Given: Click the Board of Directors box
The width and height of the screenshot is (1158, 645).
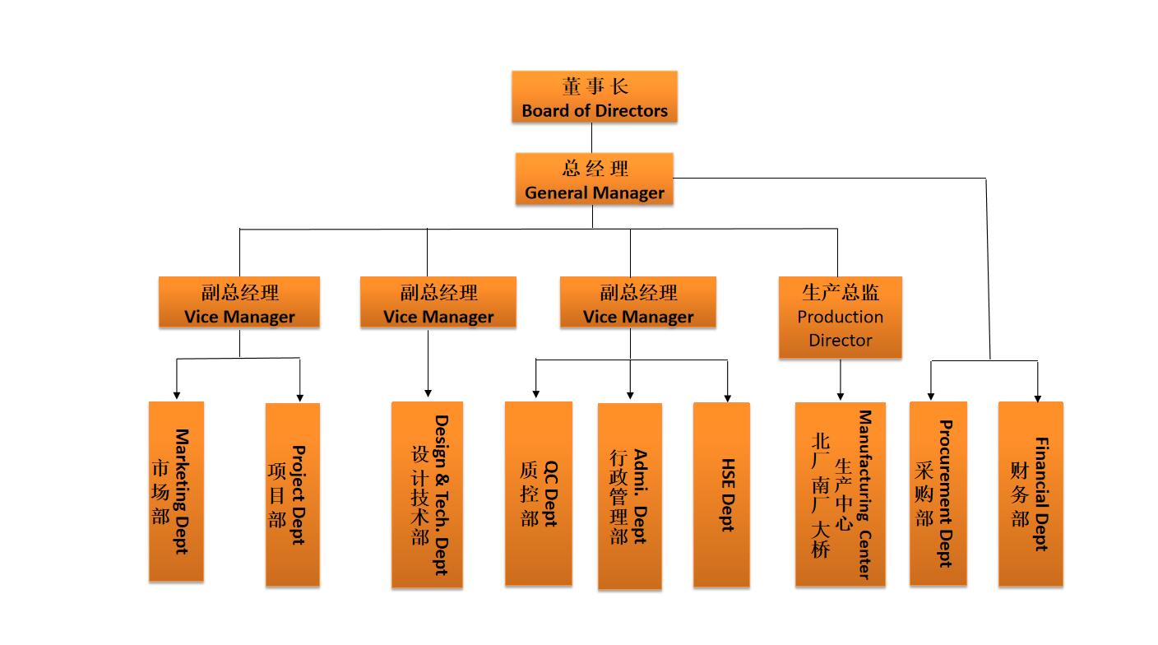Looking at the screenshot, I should (594, 97).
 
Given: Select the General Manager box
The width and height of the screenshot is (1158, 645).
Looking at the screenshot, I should (594, 179).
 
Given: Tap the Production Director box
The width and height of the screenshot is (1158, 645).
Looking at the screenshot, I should (840, 318).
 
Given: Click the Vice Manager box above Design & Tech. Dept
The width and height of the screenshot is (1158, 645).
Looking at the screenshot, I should (438, 303).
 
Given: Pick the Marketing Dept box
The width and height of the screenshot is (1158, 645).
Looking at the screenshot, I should (176, 491).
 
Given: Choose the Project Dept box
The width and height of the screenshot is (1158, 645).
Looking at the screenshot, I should (292, 494).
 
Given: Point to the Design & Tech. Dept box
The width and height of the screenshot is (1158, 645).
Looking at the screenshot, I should (427, 494).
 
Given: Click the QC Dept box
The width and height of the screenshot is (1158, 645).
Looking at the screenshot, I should (538, 494).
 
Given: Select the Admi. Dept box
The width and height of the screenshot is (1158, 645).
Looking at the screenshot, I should (629, 496).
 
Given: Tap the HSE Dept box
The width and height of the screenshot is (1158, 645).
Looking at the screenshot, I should (721, 494).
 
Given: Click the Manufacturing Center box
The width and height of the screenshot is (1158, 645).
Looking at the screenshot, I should (840, 494).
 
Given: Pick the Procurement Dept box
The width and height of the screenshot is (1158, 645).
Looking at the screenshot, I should (938, 494).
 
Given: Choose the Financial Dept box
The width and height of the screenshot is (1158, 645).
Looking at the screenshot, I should (1031, 494).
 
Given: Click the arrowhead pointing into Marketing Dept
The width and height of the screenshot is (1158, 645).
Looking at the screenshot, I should (176, 396).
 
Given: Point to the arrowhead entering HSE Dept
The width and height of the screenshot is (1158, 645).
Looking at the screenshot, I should (728, 396).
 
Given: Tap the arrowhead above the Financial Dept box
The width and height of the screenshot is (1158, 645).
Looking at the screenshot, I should (1037, 396).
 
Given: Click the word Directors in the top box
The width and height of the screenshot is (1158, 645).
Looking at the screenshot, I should (632, 110).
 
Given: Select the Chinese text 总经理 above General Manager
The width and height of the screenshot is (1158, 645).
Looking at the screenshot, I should (595, 169).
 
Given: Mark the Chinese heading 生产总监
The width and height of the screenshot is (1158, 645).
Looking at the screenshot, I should (840, 292).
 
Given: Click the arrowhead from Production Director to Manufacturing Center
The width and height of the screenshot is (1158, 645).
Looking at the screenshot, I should (841, 395).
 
